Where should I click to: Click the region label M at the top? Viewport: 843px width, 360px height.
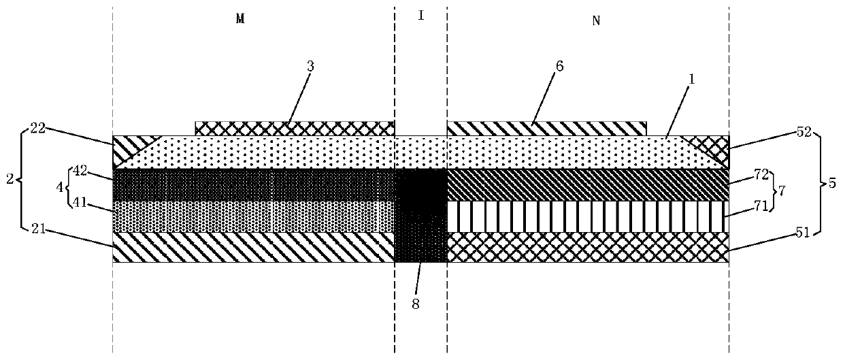point(239,19)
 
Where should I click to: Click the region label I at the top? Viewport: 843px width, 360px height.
point(421,16)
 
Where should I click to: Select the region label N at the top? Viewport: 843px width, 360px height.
point(596,20)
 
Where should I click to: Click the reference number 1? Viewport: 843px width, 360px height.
point(692,78)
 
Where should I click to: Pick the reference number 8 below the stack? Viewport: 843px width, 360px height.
point(415,304)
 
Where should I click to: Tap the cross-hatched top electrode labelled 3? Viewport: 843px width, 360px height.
point(294,128)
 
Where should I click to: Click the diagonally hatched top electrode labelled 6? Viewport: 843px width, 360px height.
point(546,128)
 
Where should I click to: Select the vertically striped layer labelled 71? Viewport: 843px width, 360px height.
point(587,216)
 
